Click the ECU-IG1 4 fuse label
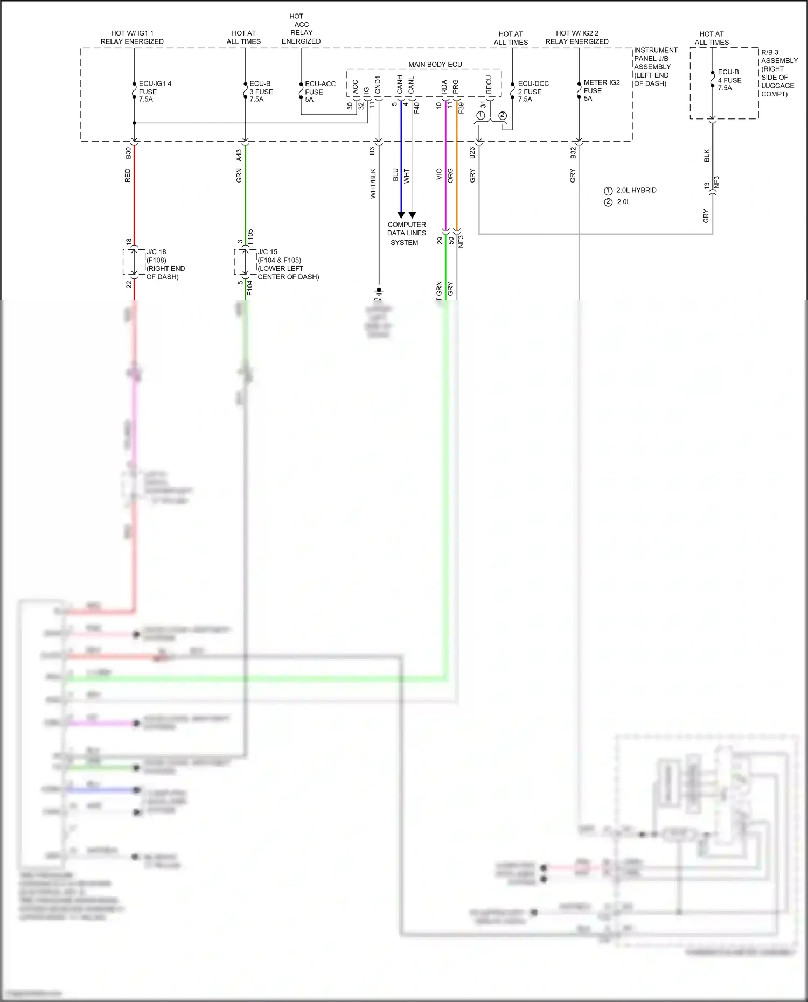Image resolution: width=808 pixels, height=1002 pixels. click(155, 92)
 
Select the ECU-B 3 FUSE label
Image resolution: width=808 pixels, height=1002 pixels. click(261, 92)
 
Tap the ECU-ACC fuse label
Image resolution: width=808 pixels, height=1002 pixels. click(319, 92)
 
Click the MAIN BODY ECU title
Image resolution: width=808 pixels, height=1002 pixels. click(435, 65)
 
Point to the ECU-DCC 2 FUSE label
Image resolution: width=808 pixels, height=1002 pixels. click(533, 92)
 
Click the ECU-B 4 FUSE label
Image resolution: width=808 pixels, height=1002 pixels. click(729, 80)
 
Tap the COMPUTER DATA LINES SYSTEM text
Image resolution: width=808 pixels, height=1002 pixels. click(406, 233)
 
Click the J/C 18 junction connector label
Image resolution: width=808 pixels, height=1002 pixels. click(165, 264)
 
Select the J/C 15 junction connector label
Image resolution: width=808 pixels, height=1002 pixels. click(287, 264)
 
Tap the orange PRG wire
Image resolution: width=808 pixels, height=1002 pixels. click(457, 172)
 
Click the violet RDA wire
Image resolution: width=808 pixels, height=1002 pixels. click(445, 172)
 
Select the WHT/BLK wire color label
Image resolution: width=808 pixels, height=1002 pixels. click(373, 184)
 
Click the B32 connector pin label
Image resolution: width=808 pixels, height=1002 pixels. click(573, 152)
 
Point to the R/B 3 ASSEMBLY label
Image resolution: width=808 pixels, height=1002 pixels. click(778, 73)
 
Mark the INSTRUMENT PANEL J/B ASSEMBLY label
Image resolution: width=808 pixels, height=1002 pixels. click(654, 67)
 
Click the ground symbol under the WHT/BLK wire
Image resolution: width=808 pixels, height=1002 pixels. click(379, 293)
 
